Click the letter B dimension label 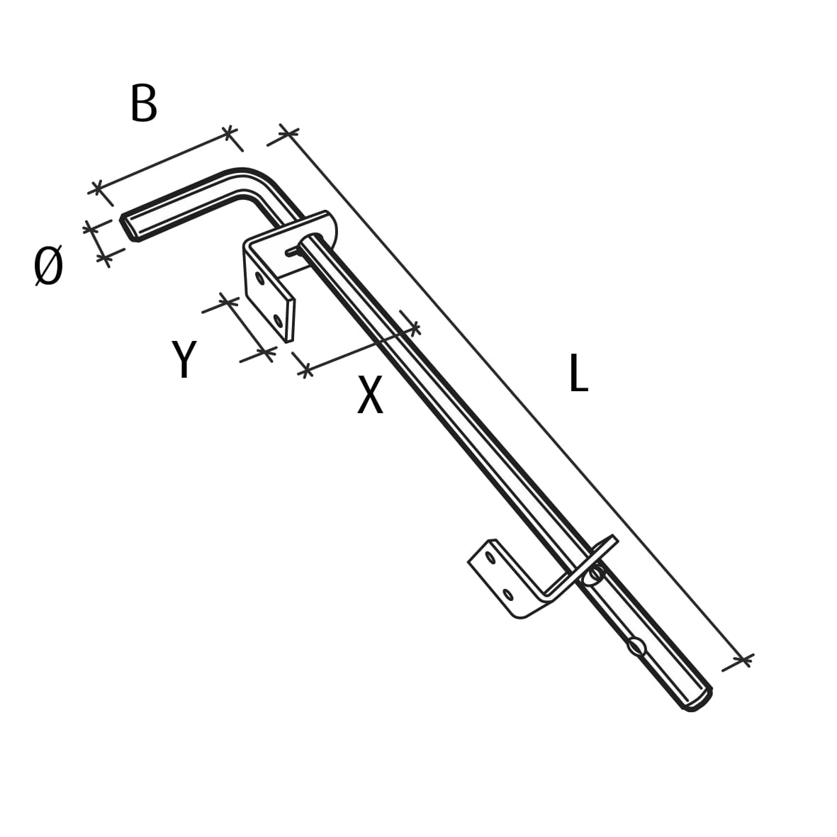click(x=144, y=103)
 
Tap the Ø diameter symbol click(x=49, y=266)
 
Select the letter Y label click(x=184, y=359)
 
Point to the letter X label click(x=370, y=395)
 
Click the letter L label click(x=578, y=373)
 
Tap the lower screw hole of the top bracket click(x=278, y=321)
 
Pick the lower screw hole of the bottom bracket click(x=508, y=594)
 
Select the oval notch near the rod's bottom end click(x=636, y=646)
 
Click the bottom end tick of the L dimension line click(x=743, y=661)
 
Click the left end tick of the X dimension click(x=305, y=369)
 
